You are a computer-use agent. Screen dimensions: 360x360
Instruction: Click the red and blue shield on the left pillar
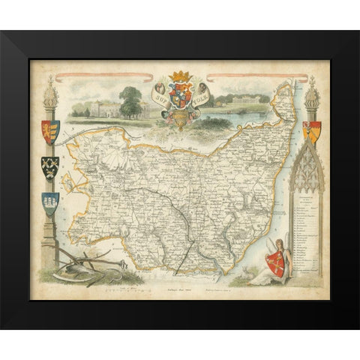click(50, 132)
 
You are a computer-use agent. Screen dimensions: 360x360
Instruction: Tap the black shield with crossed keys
click(50, 167)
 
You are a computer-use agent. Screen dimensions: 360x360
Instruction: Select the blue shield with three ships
click(50, 203)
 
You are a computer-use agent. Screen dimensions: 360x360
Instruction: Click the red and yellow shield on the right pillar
click(311, 132)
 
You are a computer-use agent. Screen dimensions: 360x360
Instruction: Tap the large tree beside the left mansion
click(130, 100)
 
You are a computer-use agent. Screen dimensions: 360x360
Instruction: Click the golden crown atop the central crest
click(178, 76)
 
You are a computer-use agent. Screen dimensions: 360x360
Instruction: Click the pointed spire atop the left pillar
click(50, 88)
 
